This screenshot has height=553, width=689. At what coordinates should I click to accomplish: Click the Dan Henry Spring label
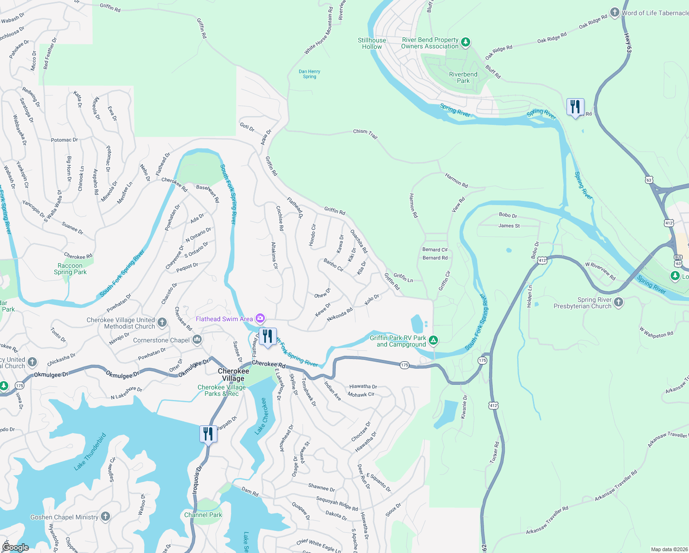pyautogui.click(x=309, y=74)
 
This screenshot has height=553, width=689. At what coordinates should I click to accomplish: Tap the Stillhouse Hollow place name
pyautogui.click(x=372, y=43)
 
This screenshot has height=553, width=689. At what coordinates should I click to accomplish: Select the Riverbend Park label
pyautogui.click(x=463, y=77)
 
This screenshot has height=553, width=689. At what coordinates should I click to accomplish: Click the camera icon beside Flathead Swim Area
pyautogui.click(x=260, y=318)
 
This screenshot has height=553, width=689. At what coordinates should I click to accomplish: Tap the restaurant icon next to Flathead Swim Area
pyautogui.click(x=268, y=336)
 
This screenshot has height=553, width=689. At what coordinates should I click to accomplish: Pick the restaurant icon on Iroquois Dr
pyautogui.click(x=208, y=434)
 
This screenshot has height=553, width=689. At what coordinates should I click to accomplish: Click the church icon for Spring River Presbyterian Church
pyautogui.click(x=619, y=302)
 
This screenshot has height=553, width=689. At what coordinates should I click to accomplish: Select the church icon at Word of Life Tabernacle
pyautogui.click(x=614, y=12)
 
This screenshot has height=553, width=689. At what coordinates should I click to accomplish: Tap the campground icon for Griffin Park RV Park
pyautogui.click(x=433, y=341)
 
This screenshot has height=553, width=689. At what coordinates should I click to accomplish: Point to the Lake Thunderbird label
pyautogui.click(x=90, y=452)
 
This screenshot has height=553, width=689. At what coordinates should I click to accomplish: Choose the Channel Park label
pyautogui.click(x=203, y=515)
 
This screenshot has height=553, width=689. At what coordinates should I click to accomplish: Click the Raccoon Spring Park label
pyautogui.click(x=70, y=269)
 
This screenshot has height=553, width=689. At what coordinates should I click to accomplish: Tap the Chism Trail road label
pyautogui.click(x=365, y=134)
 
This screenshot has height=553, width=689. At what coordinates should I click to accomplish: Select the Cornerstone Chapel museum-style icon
pyautogui.click(x=197, y=340)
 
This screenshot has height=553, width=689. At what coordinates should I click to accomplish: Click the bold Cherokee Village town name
pyautogui.click(x=234, y=375)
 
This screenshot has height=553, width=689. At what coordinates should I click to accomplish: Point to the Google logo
pyautogui.click(x=15, y=547)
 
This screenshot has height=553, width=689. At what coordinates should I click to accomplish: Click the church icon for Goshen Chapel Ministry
pyautogui.click(x=105, y=517)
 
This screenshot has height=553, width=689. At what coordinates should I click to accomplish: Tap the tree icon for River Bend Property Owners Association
pyautogui.click(x=466, y=43)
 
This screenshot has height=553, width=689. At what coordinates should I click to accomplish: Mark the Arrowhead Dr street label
pyautogui.click(x=286, y=439)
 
